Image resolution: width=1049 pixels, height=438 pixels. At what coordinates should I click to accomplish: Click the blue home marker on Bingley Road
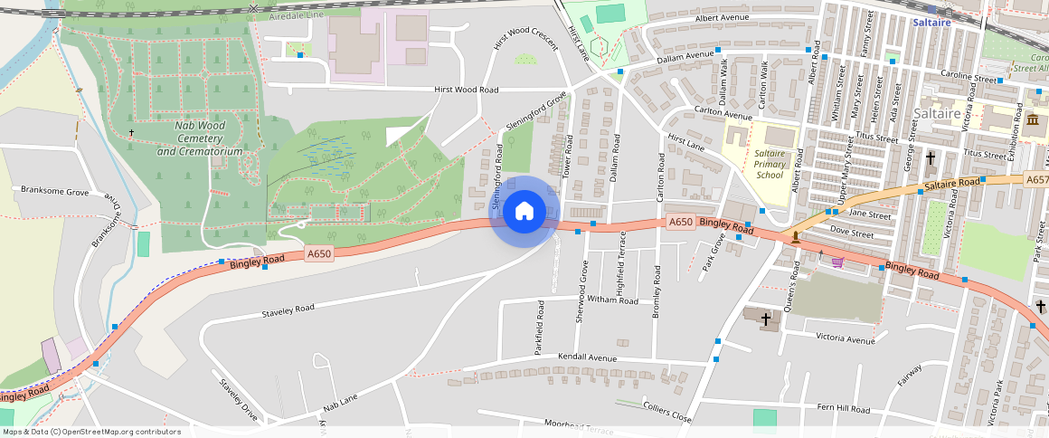pos(524,212)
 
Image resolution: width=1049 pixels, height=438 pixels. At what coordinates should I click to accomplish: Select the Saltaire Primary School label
pos(769,164)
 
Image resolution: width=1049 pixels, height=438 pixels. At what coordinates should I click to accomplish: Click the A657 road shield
pos(1037,180)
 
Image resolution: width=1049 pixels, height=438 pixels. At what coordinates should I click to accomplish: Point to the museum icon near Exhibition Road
pos(1033,120)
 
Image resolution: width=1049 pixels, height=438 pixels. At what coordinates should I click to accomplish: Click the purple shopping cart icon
pos(837,262)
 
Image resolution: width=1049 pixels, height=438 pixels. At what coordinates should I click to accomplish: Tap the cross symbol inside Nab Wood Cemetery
pos(132,133)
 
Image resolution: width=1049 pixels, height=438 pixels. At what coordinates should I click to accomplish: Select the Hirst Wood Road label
pos(466,90)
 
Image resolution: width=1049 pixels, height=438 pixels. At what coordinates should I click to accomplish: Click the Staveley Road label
pos(288,309)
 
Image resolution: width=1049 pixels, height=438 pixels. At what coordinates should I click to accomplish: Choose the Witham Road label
pos(612,300)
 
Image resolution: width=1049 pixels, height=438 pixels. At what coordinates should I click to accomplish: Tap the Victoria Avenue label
pos(846,340)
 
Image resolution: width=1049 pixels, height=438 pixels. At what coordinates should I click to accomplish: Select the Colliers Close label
pos(666,413)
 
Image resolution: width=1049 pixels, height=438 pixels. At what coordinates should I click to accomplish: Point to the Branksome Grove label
pos(54,192)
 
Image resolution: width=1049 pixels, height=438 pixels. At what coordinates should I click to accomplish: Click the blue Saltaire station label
pos(931,22)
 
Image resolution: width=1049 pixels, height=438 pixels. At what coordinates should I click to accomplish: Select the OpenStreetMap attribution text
pos(91,432)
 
